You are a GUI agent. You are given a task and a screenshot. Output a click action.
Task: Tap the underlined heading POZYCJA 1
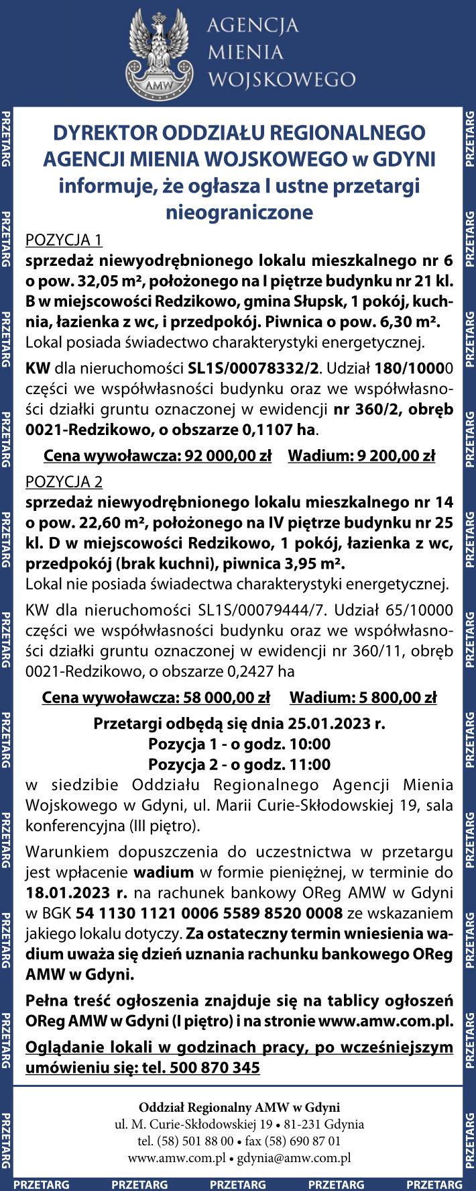64,240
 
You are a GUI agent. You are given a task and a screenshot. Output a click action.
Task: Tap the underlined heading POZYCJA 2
64,481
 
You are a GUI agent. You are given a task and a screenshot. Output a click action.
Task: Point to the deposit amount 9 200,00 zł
393,457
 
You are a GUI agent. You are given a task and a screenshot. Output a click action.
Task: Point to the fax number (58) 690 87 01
303,1141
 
